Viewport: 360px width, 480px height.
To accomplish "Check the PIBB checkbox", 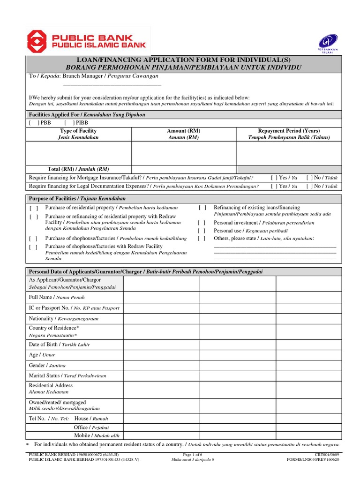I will click(68, 122).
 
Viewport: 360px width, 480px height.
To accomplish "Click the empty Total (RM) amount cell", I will click(184, 169).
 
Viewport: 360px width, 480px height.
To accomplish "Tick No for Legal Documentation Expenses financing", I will click(310, 186).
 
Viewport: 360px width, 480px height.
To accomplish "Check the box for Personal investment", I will click(202, 223).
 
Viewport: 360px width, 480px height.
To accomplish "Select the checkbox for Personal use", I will click(202, 231).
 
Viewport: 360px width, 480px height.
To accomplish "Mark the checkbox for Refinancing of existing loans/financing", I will click(202, 208).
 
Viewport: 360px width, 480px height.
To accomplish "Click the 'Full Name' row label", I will click(41, 297).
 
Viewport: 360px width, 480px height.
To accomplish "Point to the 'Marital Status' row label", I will click(45, 375).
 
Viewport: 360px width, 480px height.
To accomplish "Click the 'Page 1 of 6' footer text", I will click(192, 455).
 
